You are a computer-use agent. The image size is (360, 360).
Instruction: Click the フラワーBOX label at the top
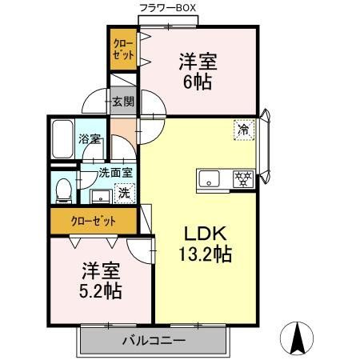pyautogui.click(x=168, y=8)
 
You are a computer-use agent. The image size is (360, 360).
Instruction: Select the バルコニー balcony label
pyautogui.click(x=154, y=341)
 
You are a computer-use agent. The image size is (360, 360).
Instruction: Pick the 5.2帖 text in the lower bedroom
pyautogui.click(x=100, y=290)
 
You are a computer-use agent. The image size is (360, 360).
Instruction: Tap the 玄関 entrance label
pyautogui.click(x=122, y=102)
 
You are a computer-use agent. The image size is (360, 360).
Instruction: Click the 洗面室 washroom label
pyautogui.click(x=114, y=171)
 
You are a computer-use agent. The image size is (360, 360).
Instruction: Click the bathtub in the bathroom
pyautogui.click(x=62, y=139)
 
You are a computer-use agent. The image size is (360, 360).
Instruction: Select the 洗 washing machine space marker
pyautogui.click(x=125, y=192)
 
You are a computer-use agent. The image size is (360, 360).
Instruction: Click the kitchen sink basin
pyautogui.click(x=210, y=178)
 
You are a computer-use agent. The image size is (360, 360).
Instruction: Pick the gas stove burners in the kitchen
pyautogui.click(x=243, y=178)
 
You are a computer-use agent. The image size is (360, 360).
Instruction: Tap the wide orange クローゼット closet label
pyautogui.click(x=94, y=220)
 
